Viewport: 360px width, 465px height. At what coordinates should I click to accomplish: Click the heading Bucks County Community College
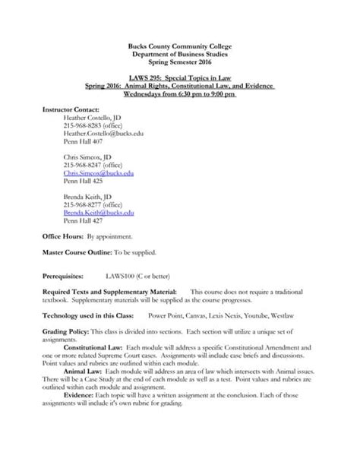181,47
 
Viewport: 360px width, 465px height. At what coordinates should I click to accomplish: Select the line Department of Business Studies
181,55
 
